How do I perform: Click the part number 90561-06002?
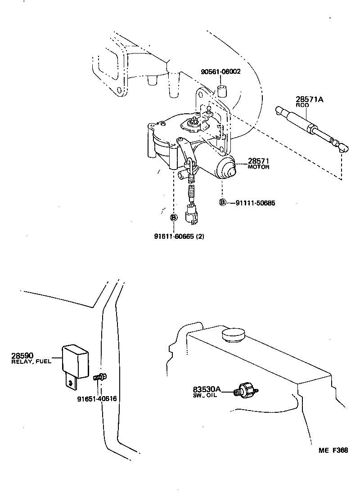220,71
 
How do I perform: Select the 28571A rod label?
309,100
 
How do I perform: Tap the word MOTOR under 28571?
258,167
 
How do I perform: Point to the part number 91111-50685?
255,203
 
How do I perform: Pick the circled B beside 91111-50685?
222,202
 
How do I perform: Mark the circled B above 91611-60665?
174,218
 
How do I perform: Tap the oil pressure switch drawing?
247,390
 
